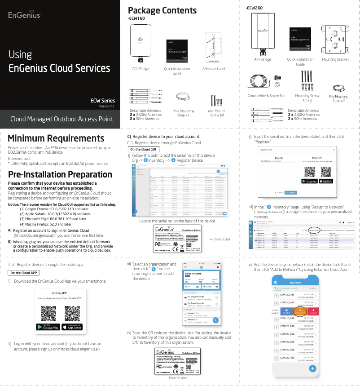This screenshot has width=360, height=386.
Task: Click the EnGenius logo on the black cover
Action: pos(25,15)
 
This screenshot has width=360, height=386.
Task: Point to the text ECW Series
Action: pos(103,101)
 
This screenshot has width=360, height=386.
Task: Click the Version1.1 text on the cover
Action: pos(107,106)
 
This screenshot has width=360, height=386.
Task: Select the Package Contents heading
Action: pos(162,10)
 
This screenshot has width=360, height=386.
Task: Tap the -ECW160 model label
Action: pos(136,18)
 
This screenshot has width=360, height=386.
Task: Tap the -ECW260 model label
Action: pos(254,8)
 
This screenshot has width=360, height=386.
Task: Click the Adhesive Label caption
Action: pos(214,69)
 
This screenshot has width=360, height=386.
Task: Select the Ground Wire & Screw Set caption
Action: pos(266,96)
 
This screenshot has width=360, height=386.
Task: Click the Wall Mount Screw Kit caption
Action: pos(216,113)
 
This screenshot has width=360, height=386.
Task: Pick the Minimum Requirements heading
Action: pos(56,138)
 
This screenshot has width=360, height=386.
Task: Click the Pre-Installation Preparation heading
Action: pos(60,174)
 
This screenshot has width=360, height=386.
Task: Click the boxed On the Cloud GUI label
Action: pos(143,149)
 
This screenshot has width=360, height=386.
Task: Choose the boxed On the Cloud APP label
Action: pos(24,273)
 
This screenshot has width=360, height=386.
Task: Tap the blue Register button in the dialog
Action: pos(291,192)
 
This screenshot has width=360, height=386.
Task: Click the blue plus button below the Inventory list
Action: pos(312,368)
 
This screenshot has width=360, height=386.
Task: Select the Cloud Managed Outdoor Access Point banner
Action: pos(61,119)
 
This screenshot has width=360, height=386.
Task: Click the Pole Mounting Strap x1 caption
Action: pos(184,113)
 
